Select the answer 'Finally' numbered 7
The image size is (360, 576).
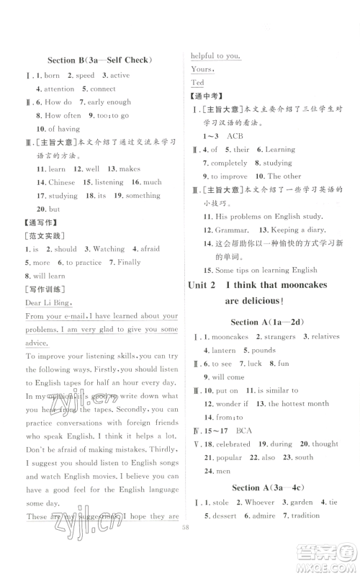(129, 262)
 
